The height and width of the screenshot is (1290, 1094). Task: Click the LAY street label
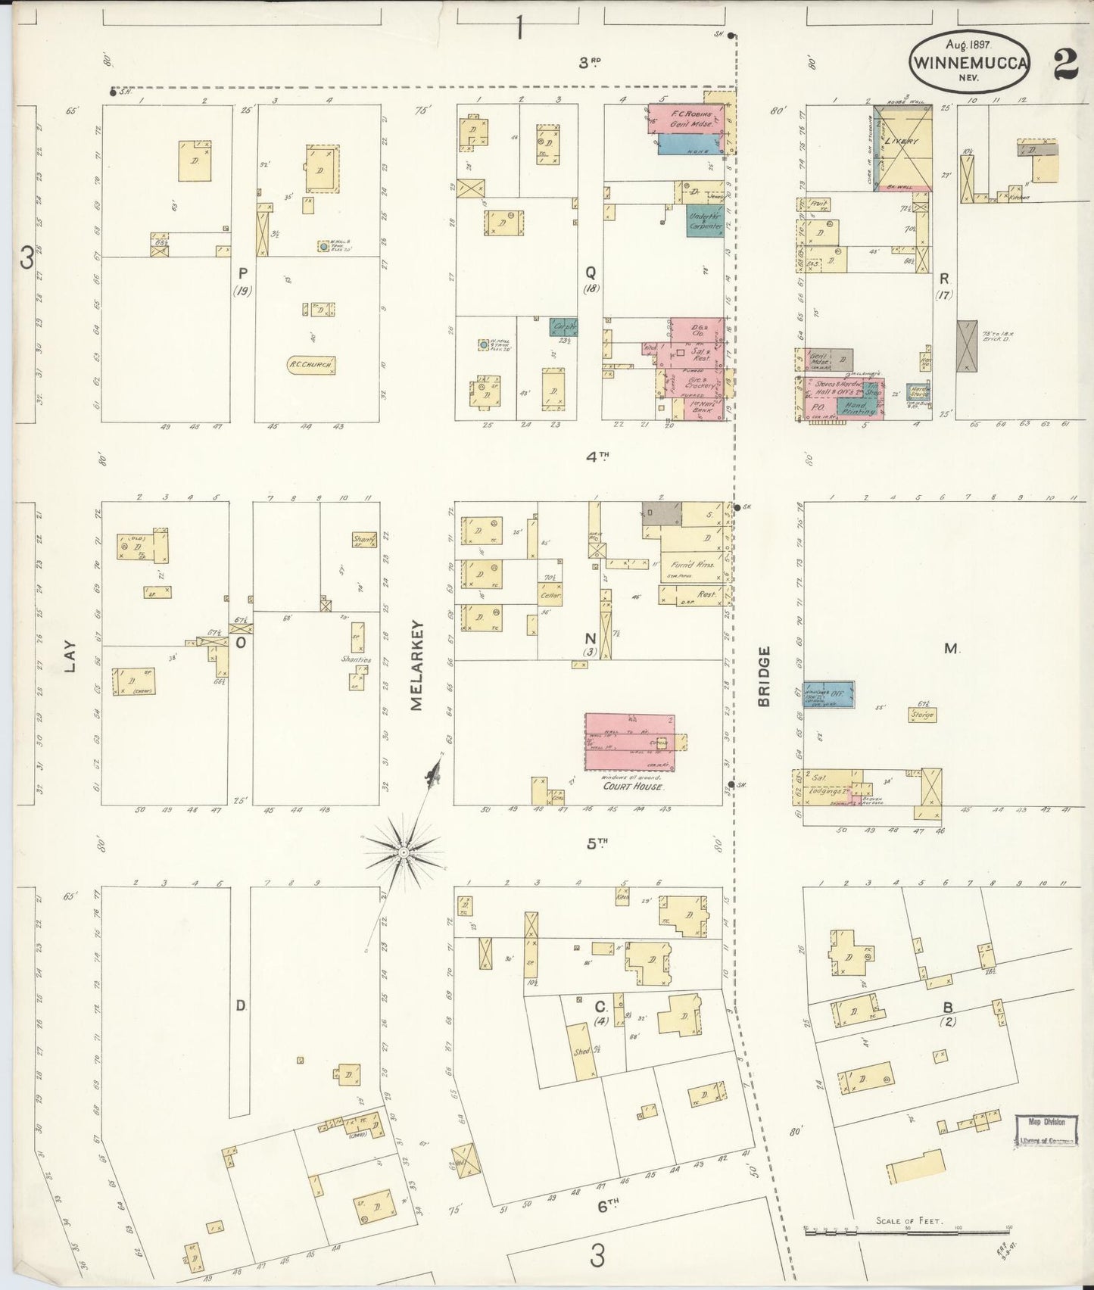tap(70, 659)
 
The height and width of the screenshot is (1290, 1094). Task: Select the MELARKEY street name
tap(417, 667)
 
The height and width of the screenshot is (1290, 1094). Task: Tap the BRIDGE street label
tap(763, 676)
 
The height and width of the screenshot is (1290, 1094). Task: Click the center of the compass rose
tap(404, 852)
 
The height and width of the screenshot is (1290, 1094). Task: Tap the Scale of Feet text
tap(909, 1220)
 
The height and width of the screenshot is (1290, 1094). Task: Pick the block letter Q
tap(590, 273)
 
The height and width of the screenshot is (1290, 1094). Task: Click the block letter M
tap(951, 648)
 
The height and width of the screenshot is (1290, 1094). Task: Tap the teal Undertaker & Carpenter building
tap(705, 220)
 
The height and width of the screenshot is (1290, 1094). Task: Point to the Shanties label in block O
tap(355, 659)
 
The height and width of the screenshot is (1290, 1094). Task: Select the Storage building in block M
tap(922, 714)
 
